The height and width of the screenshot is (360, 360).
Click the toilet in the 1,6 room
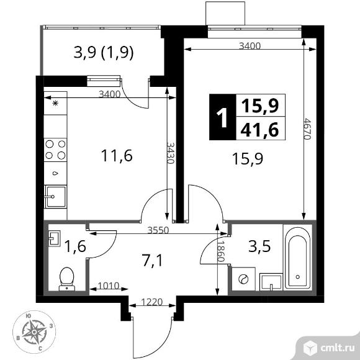tap(67, 279)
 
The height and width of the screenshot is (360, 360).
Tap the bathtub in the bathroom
tap(297, 258)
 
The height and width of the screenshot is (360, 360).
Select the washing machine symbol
tap(243, 279)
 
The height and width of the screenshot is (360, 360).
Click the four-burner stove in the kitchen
tap(55, 150)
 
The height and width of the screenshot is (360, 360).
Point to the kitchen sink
tap(56, 197)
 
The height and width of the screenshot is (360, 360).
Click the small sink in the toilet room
tap(55, 238)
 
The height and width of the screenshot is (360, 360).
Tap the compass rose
tap(34, 332)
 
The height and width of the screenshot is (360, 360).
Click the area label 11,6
tap(117, 155)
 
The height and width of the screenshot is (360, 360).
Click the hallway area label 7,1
tap(152, 261)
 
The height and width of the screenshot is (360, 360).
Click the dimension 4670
tap(307, 129)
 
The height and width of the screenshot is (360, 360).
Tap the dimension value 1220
tap(152, 302)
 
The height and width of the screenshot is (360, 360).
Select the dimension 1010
tap(109, 286)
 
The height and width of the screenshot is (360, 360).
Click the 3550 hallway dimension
tap(158, 230)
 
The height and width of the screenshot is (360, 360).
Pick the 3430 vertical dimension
tap(171, 153)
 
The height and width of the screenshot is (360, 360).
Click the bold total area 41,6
tap(259, 130)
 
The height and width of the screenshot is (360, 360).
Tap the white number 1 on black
tap(222, 117)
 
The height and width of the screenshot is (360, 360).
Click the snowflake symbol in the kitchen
tap(55, 103)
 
